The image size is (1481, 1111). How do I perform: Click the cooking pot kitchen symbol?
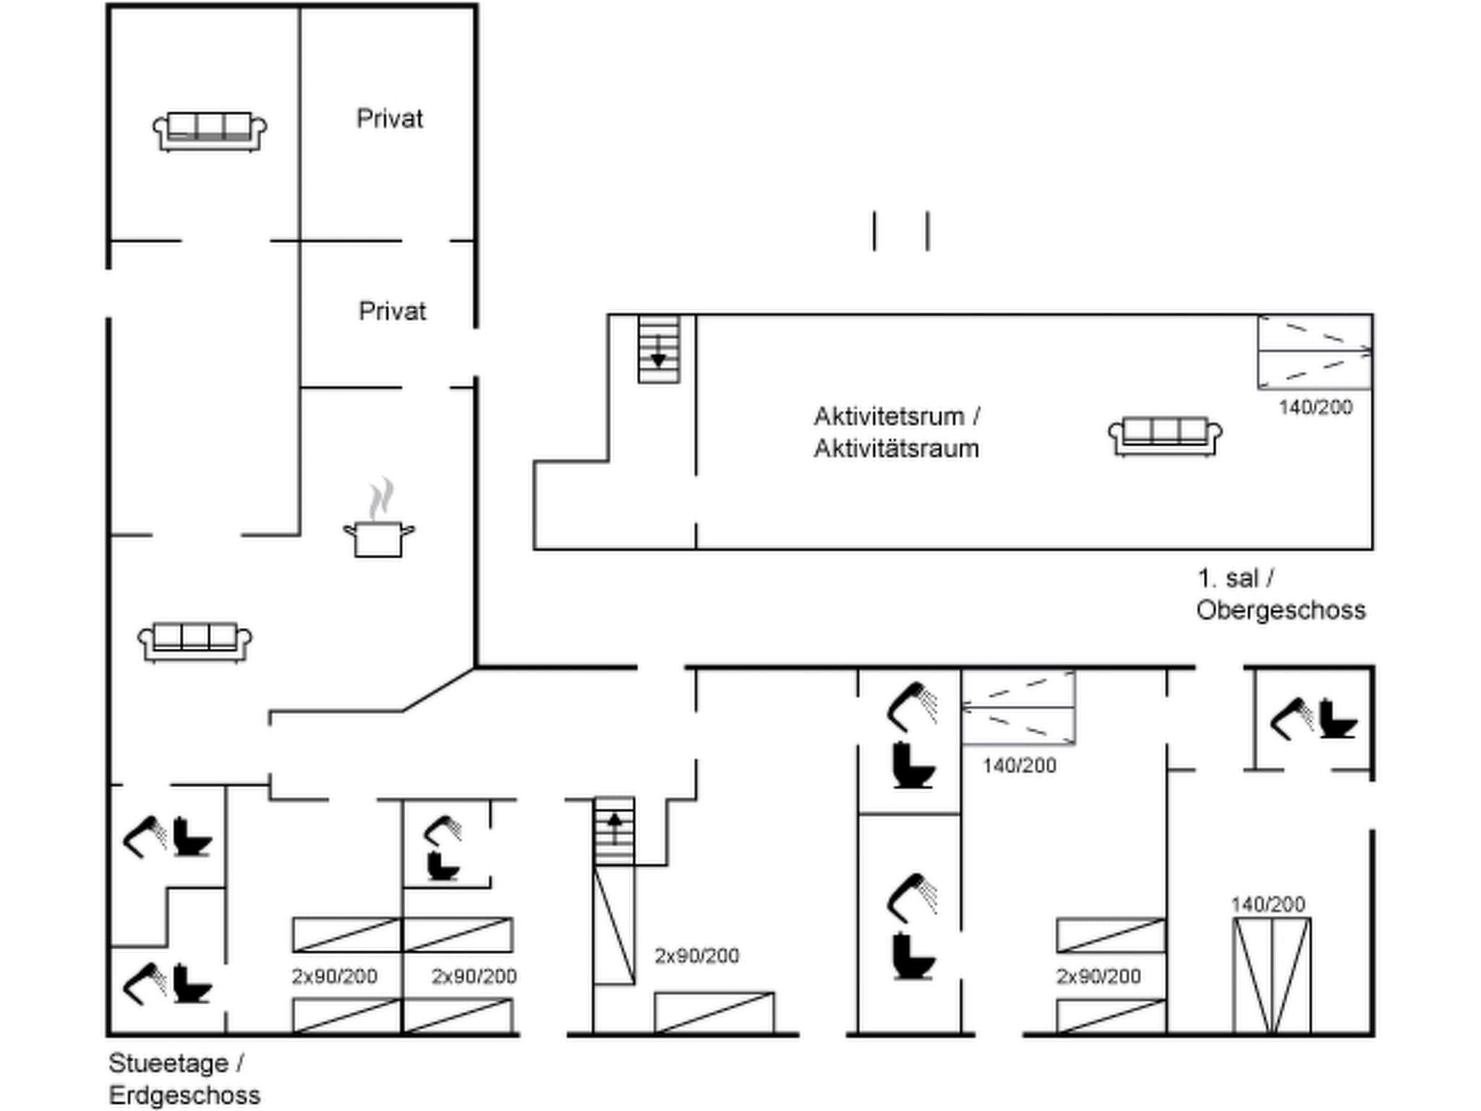tap(378, 537)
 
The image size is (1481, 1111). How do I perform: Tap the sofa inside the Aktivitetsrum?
tap(1165, 436)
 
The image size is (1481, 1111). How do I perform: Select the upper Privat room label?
tap(389, 119)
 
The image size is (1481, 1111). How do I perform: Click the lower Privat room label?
tap(392, 311)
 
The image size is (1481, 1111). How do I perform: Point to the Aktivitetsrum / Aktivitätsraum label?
tap(897, 433)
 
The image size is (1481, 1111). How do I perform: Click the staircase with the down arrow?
tap(658, 349)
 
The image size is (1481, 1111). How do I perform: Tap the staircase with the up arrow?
tap(614, 830)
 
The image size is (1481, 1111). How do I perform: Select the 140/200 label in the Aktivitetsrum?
tap(1315, 407)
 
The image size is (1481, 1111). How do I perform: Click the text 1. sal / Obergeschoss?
tap(1280, 594)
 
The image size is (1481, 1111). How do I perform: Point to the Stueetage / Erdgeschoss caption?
tap(184, 1078)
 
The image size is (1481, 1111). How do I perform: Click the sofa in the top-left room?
tap(210, 132)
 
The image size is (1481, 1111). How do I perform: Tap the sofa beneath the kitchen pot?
tap(195, 642)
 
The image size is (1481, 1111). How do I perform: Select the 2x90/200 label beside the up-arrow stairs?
tap(696, 955)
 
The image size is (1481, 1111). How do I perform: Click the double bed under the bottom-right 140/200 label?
tap(1271, 975)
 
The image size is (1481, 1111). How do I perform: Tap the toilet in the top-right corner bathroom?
tap(1337, 718)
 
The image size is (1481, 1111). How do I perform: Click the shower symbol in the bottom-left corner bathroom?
tap(145, 983)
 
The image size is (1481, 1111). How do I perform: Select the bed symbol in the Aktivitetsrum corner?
tap(1314, 352)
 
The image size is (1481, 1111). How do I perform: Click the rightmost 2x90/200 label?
tap(1098, 976)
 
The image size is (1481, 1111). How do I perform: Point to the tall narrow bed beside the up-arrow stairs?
tap(614, 925)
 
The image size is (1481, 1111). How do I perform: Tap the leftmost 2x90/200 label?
tap(334, 976)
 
